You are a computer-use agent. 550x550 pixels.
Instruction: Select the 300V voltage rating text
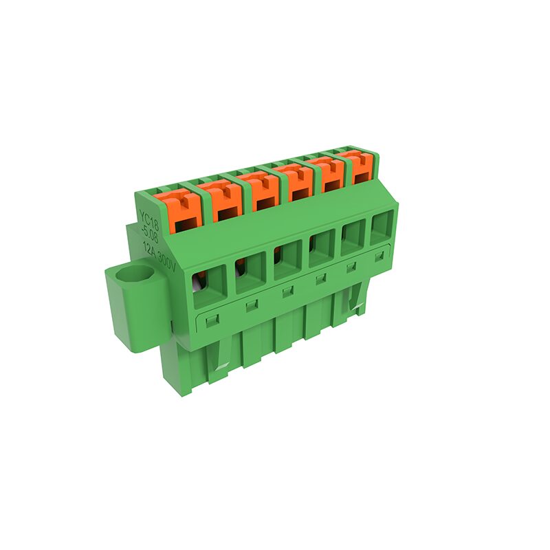point(166,262)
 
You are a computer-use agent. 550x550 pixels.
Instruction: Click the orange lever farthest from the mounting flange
point(360,165)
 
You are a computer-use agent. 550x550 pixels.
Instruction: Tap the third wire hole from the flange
point(287,261)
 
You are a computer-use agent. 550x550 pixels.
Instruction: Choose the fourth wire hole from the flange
point(322,249)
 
